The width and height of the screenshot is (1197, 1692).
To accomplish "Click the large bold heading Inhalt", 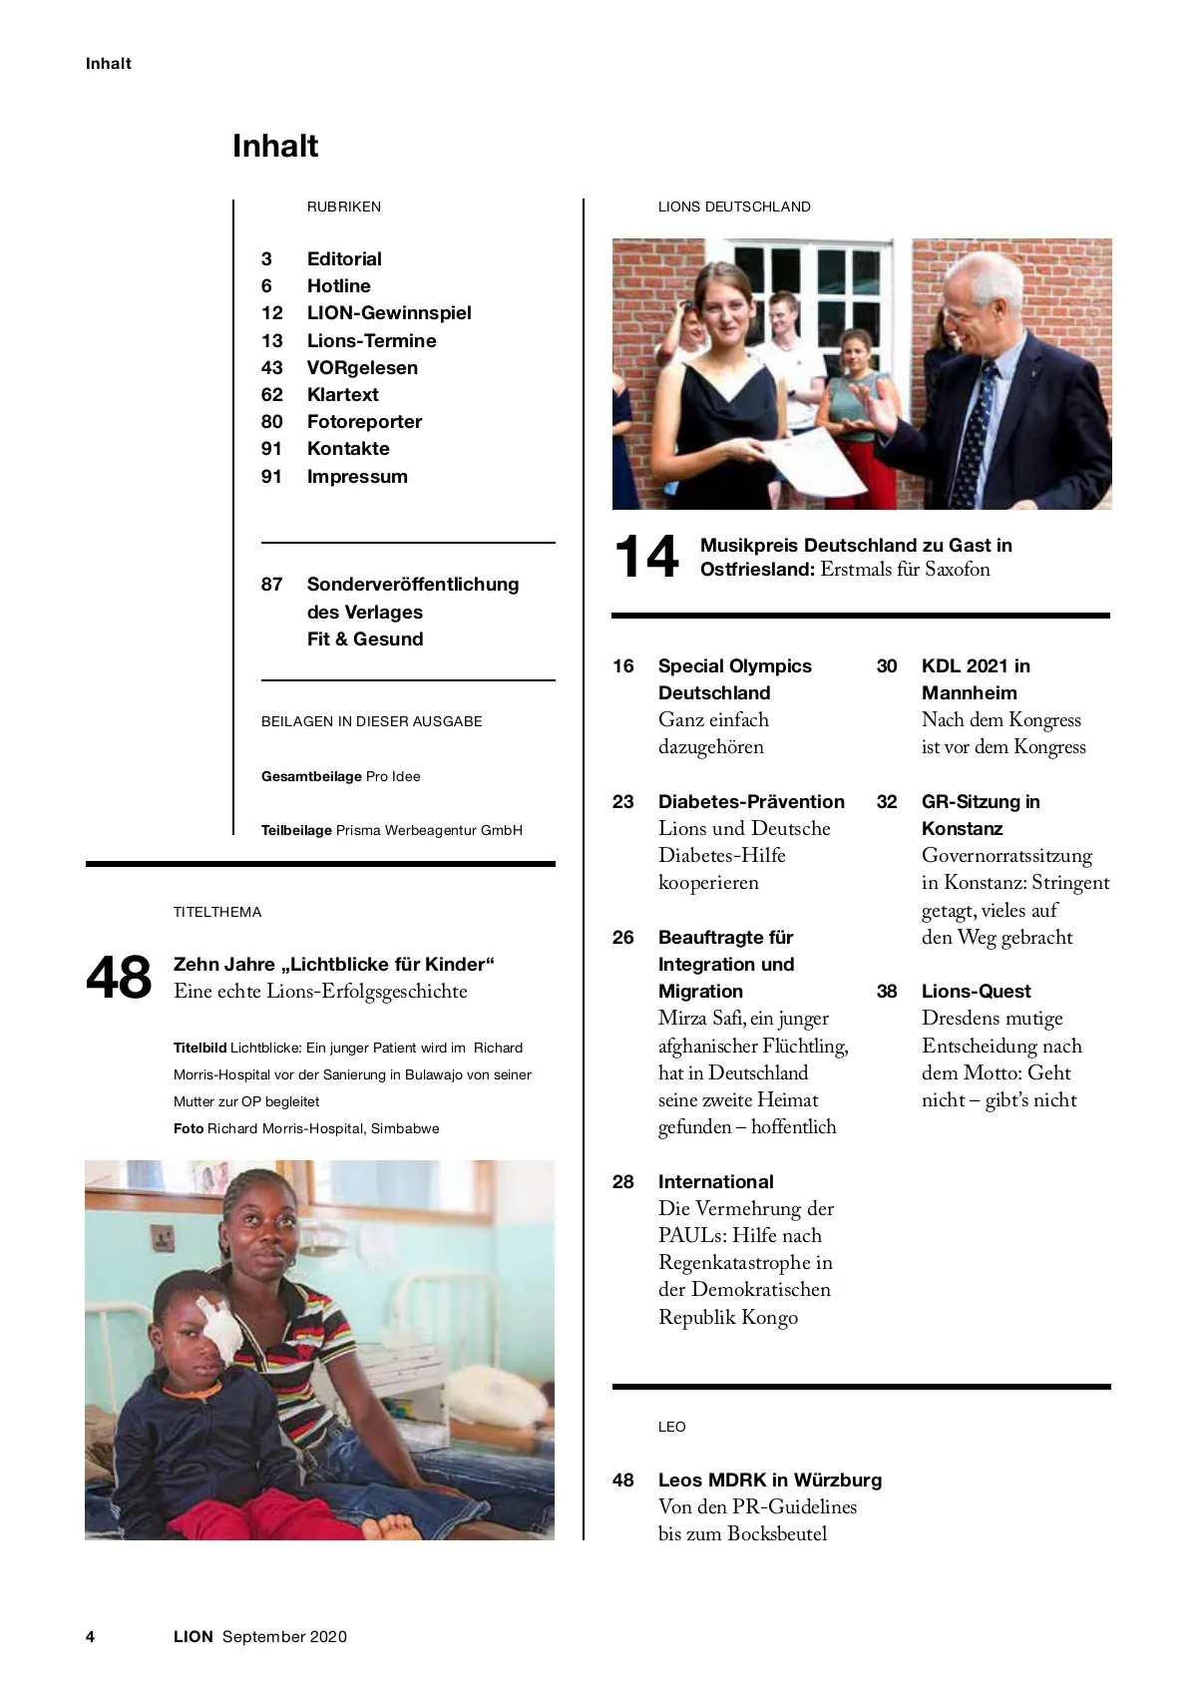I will click(x=275, y=147).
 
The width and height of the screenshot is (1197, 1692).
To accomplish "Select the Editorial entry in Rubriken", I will click(x=344, y=259).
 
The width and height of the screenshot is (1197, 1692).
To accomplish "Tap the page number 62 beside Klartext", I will click(x=271, y=395).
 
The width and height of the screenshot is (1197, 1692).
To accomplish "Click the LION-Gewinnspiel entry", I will click(x=389, y=313).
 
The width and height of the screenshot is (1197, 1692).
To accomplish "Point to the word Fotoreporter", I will click(x=364, y=422).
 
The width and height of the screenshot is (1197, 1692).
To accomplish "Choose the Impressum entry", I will click(x=357, y=477).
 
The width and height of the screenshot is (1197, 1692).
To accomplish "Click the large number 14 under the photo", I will click(x=646, y=557).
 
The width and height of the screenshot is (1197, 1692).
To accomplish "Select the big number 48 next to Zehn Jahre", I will click(x=119, y=978).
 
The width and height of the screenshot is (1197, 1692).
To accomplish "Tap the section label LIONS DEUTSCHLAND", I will click(x=734, y=208).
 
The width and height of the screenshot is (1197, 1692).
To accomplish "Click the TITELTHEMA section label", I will click(x=217, y=912).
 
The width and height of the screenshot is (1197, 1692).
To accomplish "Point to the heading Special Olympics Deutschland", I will click(x=735, y=679).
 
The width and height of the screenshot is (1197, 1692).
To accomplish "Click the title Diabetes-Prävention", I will click(x=751, y=802).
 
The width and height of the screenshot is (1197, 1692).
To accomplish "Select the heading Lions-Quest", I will click(x=976, y=992).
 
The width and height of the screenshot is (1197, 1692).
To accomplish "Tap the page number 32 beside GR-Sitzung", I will click(x=887, y=802).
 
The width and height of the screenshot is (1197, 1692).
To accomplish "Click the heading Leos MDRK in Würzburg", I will click(x=770, y=1480).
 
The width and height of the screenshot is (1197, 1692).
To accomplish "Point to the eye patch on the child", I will click(x=217, y=1328).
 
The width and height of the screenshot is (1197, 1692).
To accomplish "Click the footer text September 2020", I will click(x=284, y=1637).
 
